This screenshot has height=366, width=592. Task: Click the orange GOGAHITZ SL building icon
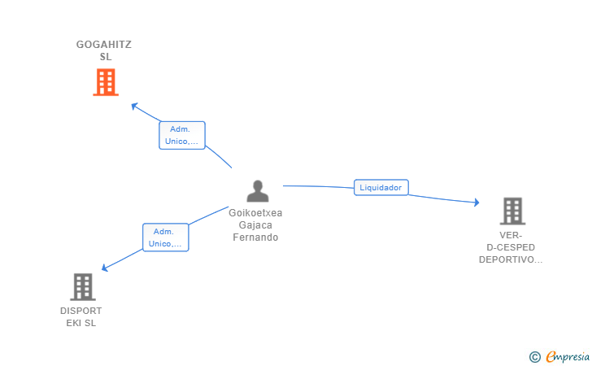[106, 82]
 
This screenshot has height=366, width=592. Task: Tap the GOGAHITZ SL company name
[105, 50]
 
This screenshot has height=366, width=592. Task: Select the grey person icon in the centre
[258, 191]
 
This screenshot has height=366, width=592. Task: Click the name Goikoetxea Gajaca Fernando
[255, 225]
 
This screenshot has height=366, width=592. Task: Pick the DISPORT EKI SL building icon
[82, 287]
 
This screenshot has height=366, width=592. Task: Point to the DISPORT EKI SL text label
[81, 316]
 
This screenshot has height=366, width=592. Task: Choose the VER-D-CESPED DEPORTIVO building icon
[511, 211]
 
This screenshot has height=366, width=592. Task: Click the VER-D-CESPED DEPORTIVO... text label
[511, 247]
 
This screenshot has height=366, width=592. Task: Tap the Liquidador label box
[381, 188]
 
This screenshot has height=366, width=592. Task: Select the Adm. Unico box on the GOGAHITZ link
[181, 135]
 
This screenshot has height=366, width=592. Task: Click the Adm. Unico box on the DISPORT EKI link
[166, 237]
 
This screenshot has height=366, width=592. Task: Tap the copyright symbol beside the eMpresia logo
[534, 356]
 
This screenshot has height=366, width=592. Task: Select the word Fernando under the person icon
[255, 237]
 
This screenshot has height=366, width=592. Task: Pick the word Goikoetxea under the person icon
[255, 213]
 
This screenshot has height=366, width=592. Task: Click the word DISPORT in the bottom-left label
[81, 311]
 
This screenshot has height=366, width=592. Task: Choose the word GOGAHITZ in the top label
[105, 45]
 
